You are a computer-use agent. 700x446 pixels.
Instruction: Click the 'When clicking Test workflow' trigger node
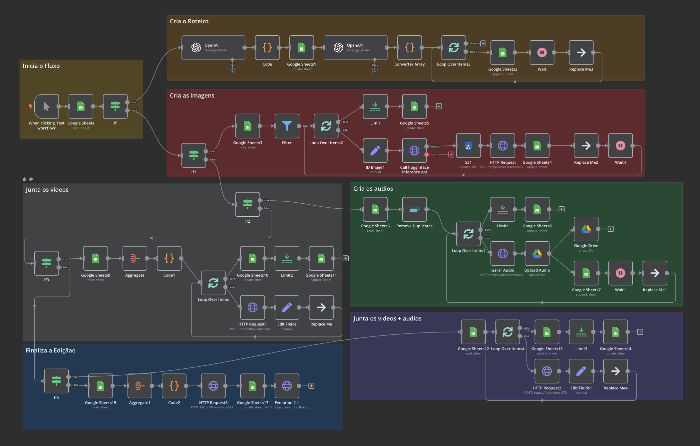click(x=47, y=107)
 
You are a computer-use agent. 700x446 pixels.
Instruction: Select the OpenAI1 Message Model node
click(x=355, y=48)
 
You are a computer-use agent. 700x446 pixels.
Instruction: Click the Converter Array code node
click(x=410, y=48)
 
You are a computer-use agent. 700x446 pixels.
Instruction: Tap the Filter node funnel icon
click(x=287, y=126)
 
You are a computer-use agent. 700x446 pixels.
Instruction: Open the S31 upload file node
click(x=468, y=146)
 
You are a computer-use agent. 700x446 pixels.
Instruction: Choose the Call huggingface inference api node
click(x=414, y=150)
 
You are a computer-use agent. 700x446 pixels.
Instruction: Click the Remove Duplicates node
click(x=414, y=209)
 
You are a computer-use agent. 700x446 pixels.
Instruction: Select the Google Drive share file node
click(x=586, y=229)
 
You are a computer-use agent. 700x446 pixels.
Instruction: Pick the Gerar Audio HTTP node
click(x=503, y=254)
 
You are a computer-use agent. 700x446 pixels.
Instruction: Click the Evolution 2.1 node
click(x=287, y=386)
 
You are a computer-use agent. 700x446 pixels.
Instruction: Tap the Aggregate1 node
click(x=140, y=386)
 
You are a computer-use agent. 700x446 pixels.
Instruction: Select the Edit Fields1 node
click(x=581, y=371)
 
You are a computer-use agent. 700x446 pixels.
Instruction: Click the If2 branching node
click(x=247, y=204)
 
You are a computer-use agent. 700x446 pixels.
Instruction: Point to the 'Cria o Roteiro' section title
click(x=189, y=21)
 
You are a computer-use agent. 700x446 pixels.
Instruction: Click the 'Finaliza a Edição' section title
click(x=51, y=350)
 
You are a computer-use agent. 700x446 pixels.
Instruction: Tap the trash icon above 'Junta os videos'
click(x=24, y=179)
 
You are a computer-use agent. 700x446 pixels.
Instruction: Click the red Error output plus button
click(x=451, y=154)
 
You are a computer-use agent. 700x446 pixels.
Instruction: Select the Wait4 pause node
click(x=620, y=146)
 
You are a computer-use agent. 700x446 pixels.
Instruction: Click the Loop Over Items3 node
click(x=454, y=48)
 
